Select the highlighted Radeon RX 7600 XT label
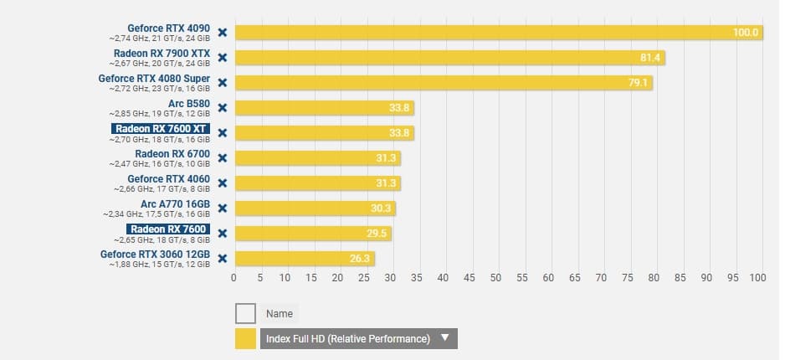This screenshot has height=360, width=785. pyautogui.click(x=160, y=129)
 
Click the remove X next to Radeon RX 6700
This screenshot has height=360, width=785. pyautogui.click(x=223, y=158)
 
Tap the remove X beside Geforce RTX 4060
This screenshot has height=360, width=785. pyautogui.click(x=223, y=183)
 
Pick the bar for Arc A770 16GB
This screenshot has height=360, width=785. pyautogui.click(x=315, y=208)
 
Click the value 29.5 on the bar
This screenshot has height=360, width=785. pyautogui.click(x=378, y=234)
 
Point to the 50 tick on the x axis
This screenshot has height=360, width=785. pyautogui.click(x=495, y=278)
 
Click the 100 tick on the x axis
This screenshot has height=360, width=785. pyautogui.click(x=757, y=278)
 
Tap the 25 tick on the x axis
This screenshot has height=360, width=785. pyautogui.click(x=364, y=278)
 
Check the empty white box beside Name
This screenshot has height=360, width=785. pyautogui.click(x=245, y=314)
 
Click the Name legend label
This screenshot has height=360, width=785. pyautogui.click(x=280, y=314)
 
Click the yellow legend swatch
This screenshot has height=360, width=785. pyautogui.click(x=245, y=338)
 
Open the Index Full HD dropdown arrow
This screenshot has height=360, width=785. pyautogui.click(x=445, y=338)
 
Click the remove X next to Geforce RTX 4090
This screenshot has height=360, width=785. pyautogui.click(x=223, y=33)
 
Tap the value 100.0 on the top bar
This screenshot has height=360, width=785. pyautogui.click(x=746, y=33)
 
